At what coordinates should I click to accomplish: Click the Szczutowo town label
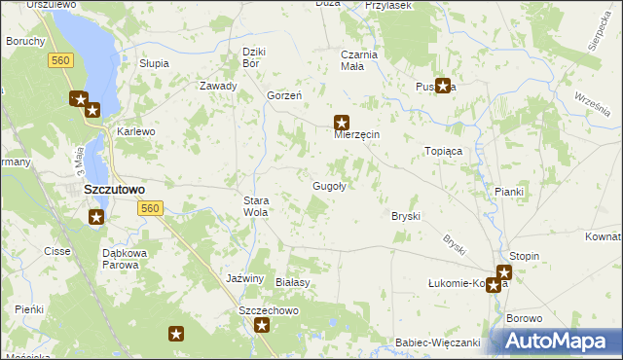[x=114, y=190]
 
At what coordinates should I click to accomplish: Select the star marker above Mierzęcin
[x=342, y=123]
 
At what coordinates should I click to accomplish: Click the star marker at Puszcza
[x=443, y=86]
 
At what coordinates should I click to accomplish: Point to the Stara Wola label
[x=255, y=205]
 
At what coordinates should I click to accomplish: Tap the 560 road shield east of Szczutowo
[x=149, y=209]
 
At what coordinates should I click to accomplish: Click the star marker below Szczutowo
[x=96, y=217]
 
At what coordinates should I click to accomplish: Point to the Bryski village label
[x=405, y=215]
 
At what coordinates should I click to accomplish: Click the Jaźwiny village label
[x=245, y=278]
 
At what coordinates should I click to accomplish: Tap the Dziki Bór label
[x=254, y=56]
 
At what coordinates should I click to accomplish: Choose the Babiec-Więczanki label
[x=438, y=342]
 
